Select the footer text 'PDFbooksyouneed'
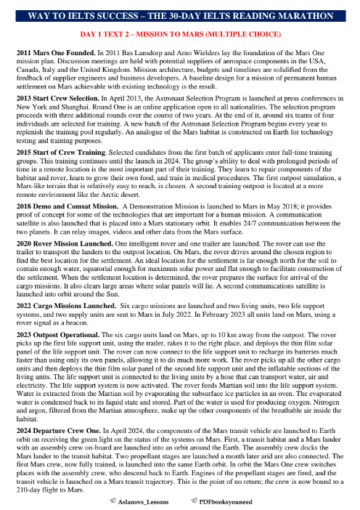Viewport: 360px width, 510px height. [x=225, y=501]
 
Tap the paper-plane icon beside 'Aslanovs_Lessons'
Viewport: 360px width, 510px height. [x=110, y=501]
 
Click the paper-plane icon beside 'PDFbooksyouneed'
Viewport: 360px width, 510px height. [x=193, y=501]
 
